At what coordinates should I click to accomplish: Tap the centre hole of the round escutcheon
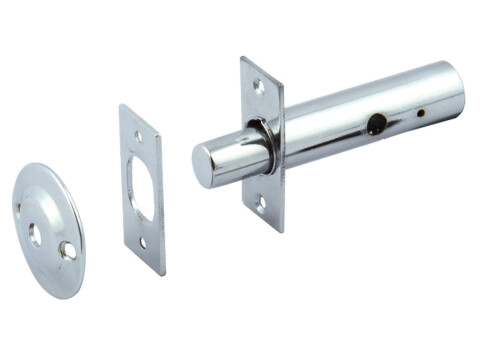pyautogui.click(x=36, y=235)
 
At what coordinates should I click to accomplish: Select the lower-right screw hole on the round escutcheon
pyautogui.click(x=68, y=251)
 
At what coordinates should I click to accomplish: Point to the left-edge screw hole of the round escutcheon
pyautogui.click(x=18, y=208)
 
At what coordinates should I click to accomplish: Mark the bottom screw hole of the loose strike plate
pyautogui.click(x=145, y=242)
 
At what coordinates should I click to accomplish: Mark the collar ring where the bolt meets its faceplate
pyautogui.click(x=259, y=145)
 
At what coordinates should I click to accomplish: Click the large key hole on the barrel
pyautogui.click(x=376, y=125)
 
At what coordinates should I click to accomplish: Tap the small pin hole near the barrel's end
pyautogui.click(x=420, y=114)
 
